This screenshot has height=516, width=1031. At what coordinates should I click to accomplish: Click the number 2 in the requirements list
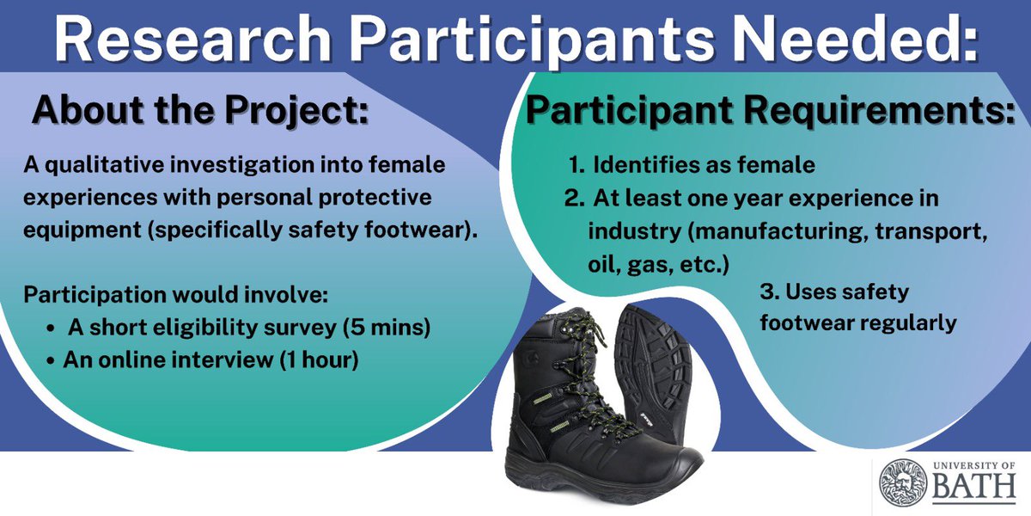pos(573,199)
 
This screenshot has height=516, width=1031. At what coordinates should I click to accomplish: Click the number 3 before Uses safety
pos(767,292)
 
